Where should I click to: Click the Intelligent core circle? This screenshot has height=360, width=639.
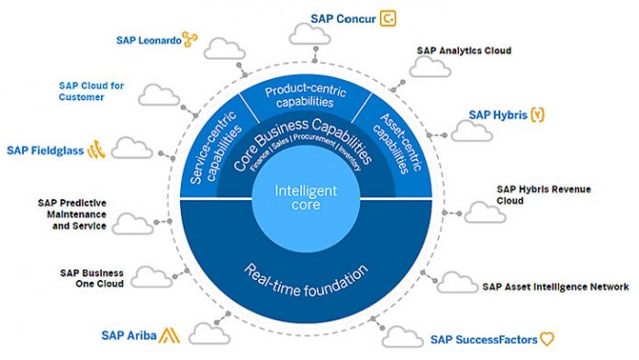pyautogui.click(x=306, y=197)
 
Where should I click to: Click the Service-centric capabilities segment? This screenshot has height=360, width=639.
pyautogui.click(x=212, y=147)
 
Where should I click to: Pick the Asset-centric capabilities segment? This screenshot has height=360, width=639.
pyautogui.click(x=398, y=147)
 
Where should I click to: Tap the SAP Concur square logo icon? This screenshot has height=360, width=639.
pyautogui.click(x=389, y=17)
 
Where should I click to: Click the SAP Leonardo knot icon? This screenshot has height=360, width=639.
pyautogui.click(x=190, y=39)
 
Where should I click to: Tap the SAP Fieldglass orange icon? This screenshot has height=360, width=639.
pyautogui.click(x=96, y=150)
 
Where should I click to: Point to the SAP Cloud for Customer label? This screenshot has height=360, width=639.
pyautogui.click(x=91, y=91)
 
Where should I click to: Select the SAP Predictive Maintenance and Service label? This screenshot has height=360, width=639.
pyautogui.click(x=73, y=213)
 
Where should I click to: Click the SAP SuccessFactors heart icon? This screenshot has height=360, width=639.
pyautogui.click(x=547, y=339)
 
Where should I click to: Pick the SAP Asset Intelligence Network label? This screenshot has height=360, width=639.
pyautogui.click(x=555, y=287)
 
